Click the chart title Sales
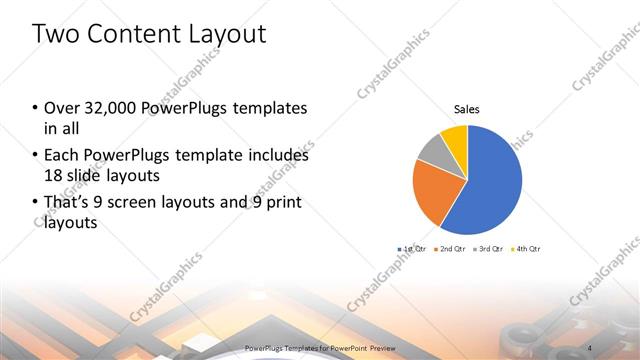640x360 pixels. pos(467,108)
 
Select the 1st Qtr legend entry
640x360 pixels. pos(413,248)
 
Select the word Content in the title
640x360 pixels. pos(133,34)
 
